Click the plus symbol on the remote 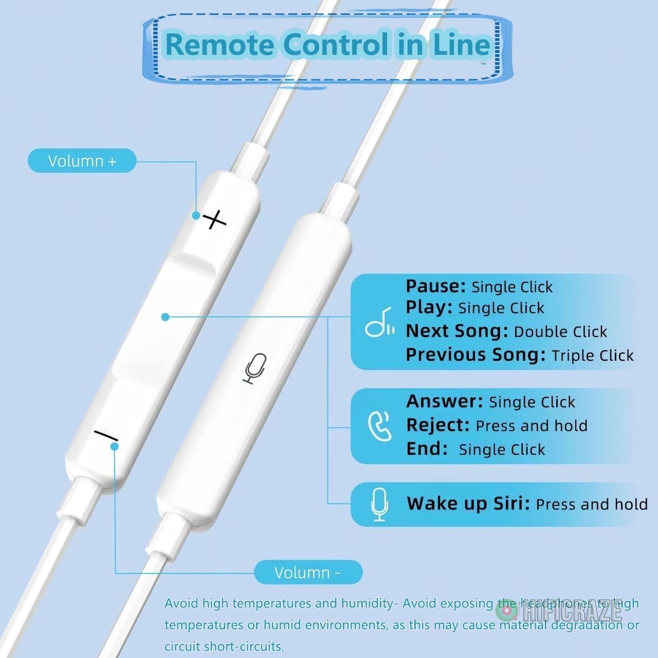[x=214, y=220]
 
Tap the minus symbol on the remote [x=106, y=436]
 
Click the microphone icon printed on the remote [x=255, y=369]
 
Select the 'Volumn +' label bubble [x=82, y=160]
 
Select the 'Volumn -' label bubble [x=308, y=572]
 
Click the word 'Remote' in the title [x=219, y=44]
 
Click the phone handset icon [x=380, y=427]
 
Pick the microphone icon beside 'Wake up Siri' [x=379, y=504]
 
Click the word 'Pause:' [x=435, y=286]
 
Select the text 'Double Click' [x=560, y=332]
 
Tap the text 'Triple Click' [x=592, y=355]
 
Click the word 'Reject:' [x=438, y=425]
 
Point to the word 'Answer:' [x=445, y=401]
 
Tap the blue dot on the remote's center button [x=165, y=317]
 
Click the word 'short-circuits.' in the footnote [x=244, y=646]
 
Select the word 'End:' [x=427, y=449]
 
